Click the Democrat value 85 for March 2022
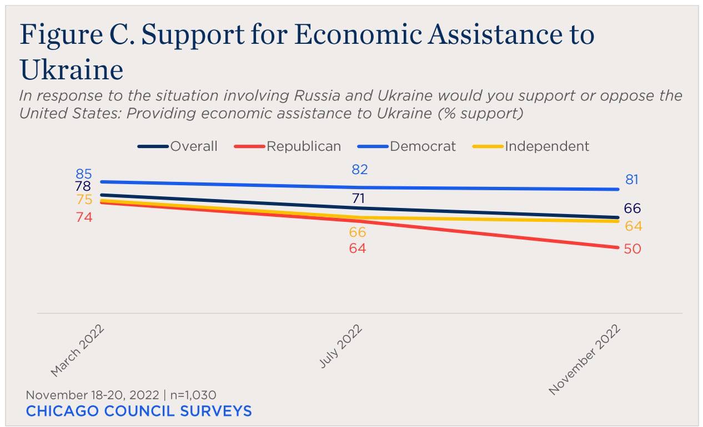pos(84,174)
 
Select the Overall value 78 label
pos(82,186)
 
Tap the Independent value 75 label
pos(84,200)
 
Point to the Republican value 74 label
pos(84,217)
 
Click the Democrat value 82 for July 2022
pos(360,170)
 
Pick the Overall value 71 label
pos(358,199)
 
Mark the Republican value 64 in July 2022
pos(358,248)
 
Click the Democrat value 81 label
pos(632,180)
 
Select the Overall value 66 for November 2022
pos(632,209)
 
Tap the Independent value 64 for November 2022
pos(633,226)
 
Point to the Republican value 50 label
pos(632,249)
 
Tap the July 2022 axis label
pos(341,346)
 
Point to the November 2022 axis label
pos(585,360)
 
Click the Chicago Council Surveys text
pos(139,411)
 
